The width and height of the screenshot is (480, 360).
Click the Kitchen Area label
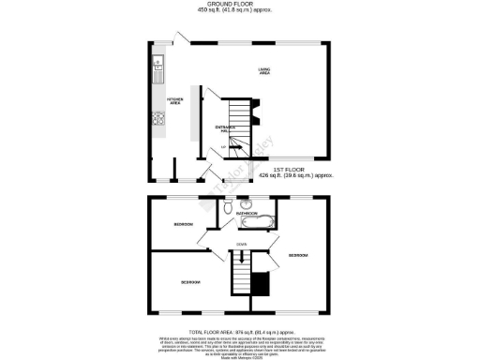(x=174, y=100)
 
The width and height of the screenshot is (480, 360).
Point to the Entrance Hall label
(x=227, y=128)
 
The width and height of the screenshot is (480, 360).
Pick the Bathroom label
(x=247, y=215)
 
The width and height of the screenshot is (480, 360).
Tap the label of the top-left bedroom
(x=184, y=225)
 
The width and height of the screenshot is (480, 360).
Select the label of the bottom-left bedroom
(x=190, y=282)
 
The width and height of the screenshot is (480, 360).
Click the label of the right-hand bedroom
(x=298, y=255)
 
